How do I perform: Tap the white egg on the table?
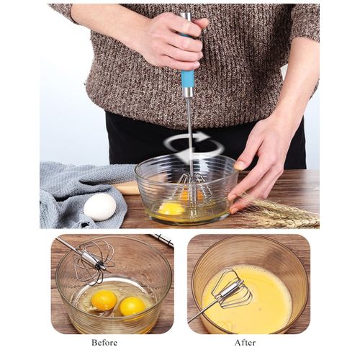(99, 207)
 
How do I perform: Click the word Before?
(104, 342)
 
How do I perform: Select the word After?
(245, 342)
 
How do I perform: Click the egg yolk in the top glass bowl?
(171, 210)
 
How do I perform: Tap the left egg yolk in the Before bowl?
(104, 300)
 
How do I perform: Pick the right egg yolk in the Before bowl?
(132, 306)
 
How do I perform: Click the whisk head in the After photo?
(233, 290)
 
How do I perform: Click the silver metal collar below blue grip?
(188, 92)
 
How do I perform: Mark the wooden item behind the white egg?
(127, 189)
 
